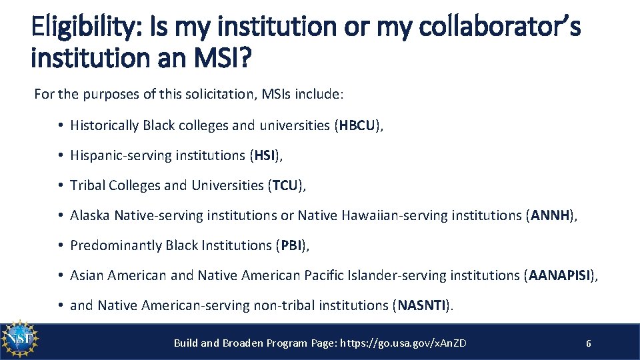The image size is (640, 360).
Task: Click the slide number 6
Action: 588,343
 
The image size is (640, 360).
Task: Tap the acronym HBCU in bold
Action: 358,125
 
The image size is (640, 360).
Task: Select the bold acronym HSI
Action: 264,155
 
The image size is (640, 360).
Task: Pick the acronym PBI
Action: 291,245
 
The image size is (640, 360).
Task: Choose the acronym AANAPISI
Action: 559,275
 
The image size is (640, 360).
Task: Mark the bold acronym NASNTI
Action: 423,305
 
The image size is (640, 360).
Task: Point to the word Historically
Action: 105,125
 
